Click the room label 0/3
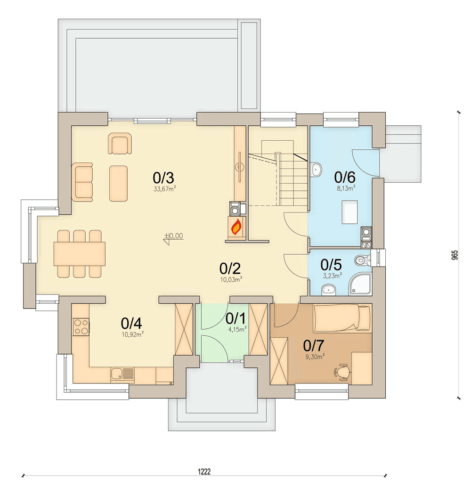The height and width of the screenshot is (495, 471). coord(163,178)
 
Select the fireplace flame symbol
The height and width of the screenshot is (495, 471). coord(236,227)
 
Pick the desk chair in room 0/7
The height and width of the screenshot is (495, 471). coord(342,371)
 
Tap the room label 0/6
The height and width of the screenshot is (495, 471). coord(344,177)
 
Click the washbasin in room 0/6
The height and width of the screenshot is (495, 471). coord(317,169)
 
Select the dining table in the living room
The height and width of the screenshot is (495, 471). coord(80,254)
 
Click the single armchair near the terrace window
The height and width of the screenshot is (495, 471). coord(120,144)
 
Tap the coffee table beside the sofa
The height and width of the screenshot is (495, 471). coord(118,183)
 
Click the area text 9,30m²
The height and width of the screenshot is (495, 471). coord(314,357)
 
